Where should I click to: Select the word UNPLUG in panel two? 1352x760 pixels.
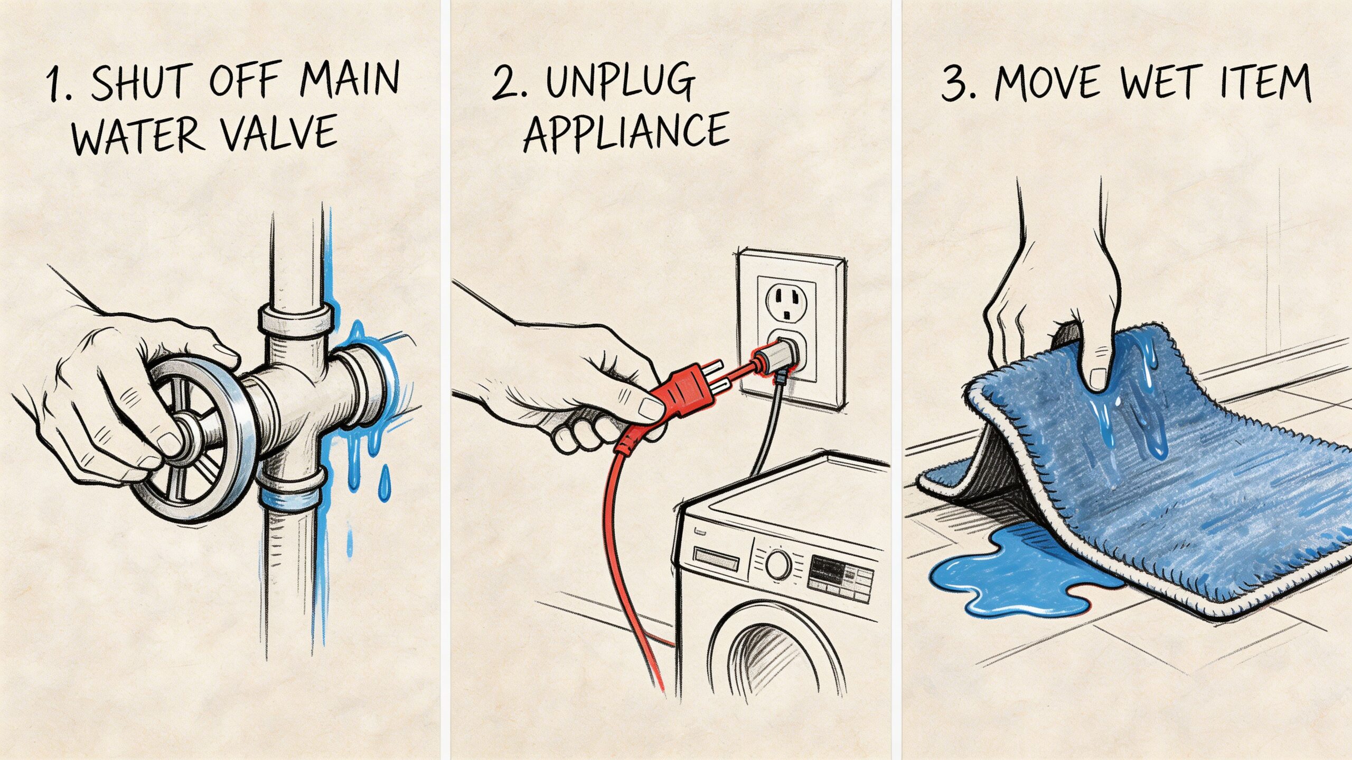click(619, 83)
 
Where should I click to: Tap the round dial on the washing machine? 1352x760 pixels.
click(778, 564)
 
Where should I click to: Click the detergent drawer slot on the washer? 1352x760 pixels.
click(716, 558)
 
